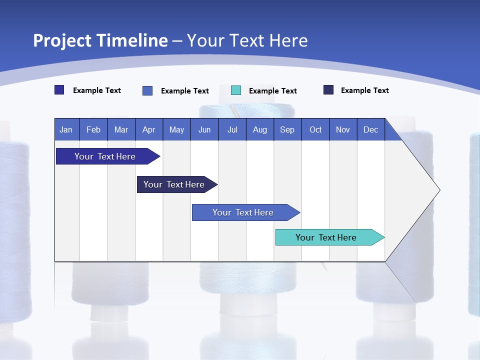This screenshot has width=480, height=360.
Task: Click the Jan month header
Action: click(66, 129)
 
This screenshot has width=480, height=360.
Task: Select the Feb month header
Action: click(93, 129)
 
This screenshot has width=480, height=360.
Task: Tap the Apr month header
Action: click(148, 129)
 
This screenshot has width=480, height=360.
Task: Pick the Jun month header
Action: click(204, 129)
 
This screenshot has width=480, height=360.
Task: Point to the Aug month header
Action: click(259, 129)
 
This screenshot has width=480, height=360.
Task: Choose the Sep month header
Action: click(287, 129)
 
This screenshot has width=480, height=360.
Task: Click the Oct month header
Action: click(315, 129)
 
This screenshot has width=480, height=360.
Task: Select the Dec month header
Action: click(370, 129)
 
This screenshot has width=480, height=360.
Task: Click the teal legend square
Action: click(236, 90)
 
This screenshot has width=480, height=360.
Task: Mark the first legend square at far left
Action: click(59, 90)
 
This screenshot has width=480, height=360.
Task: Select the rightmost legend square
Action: click(328, 90)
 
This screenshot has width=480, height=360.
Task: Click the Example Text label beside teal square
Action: click(272, 91)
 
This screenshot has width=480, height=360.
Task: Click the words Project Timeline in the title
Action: click(100, 40)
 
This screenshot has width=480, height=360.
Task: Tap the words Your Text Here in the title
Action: click(247, 40)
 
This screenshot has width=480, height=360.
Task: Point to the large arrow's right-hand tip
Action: click(438, 190)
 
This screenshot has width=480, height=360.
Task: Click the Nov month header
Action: click(343, 129)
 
